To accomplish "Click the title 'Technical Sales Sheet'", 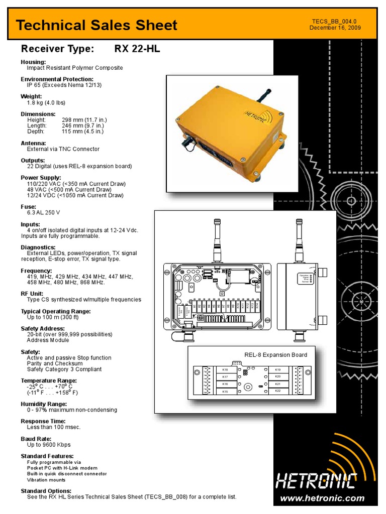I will tap(96, 25).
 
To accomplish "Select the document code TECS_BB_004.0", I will tap(334, 21).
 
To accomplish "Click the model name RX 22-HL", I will tap(137, 49).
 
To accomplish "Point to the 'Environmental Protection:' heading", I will tap(57, 79).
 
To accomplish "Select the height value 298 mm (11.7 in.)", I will tap(84, 120).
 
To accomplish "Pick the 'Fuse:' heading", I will tap(28, 207).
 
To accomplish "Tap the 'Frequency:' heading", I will tap(36, 271).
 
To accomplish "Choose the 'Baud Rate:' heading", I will tap(35, 439).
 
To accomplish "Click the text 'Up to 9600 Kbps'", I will tap(49, 445).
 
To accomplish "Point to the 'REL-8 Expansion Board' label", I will tap(275, 355).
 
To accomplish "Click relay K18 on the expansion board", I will tap(225, 370).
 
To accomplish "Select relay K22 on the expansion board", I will tap(277, 391).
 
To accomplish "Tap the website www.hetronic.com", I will tap(322, 498).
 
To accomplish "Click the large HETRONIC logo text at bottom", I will tap(316, 481).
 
